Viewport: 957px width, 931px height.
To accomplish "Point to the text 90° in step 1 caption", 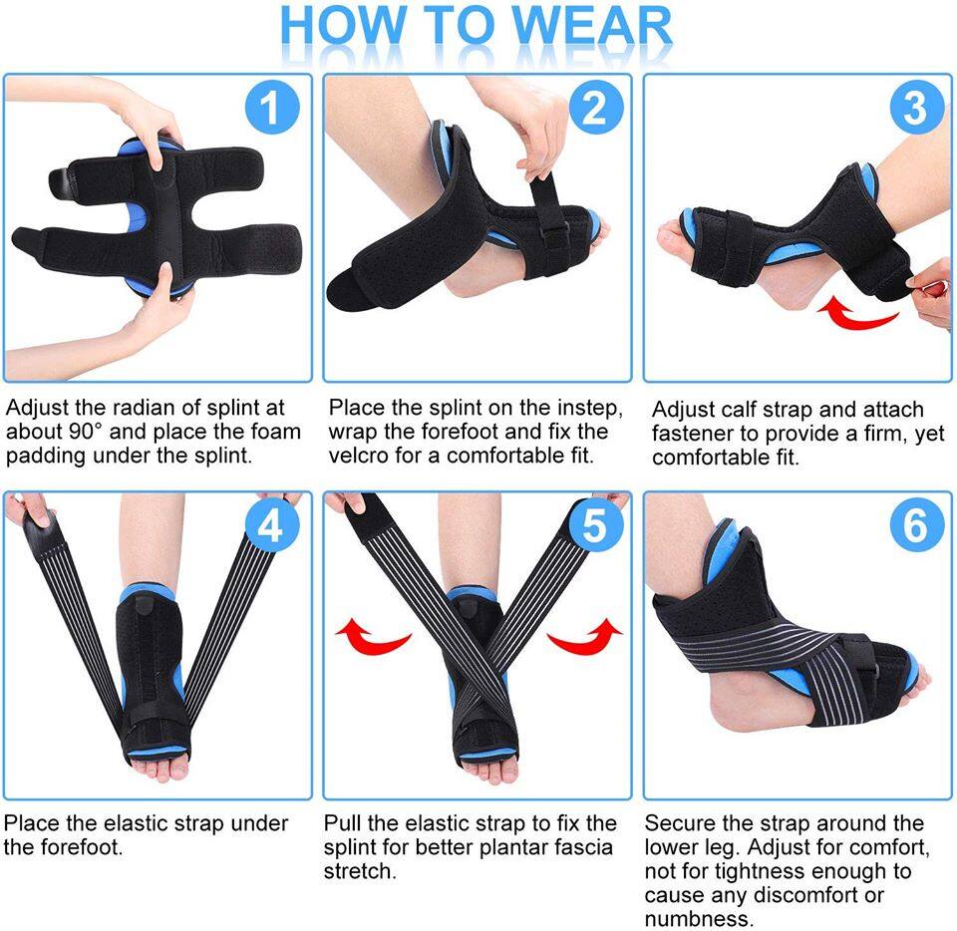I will pos(78,433).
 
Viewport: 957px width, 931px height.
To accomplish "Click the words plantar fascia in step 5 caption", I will pos(552,848).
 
